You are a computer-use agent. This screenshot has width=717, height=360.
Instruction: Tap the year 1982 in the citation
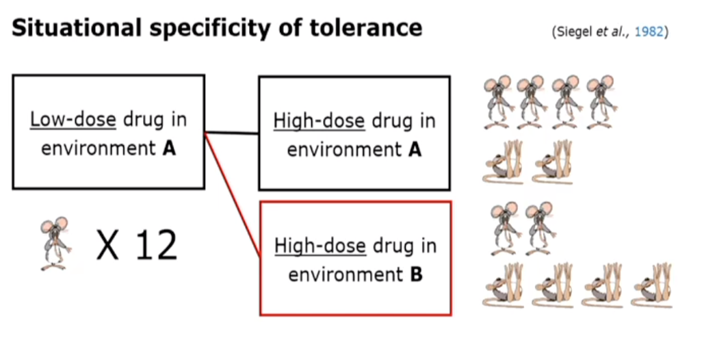click(x=649, y=32)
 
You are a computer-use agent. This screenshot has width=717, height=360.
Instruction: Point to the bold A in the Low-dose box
click(x=168, y=148)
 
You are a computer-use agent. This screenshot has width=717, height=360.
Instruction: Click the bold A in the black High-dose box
click(x=414, y=149)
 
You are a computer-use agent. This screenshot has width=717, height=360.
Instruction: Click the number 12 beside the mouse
click(x=156, y=245)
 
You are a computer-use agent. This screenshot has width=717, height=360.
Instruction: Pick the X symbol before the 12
click(x=108, y=245)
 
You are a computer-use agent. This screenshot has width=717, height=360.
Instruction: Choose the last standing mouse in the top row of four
click(x=602, y=101)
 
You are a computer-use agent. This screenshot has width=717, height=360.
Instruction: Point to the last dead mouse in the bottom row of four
click(x=651, y=286)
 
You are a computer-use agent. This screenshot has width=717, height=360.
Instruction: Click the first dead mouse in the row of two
click(x=504, y=163)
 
